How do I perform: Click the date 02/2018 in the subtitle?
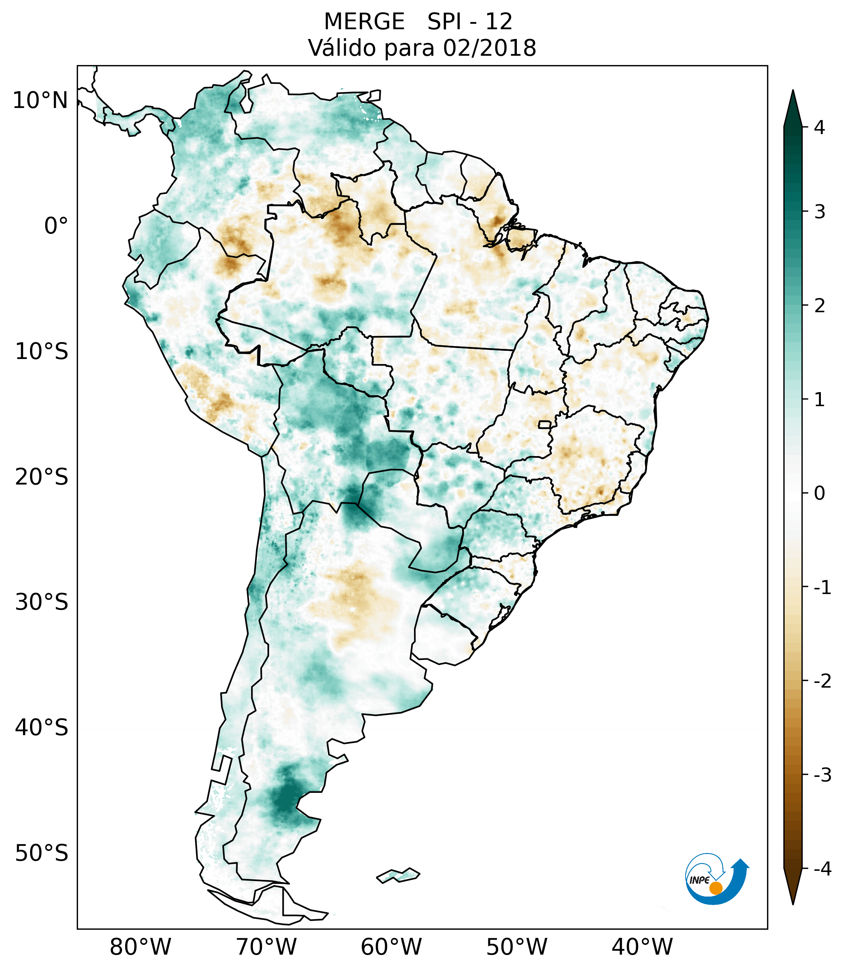pyautogui.click(x=489, y=48)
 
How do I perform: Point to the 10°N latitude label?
pyautogui.click(x=41, y=101)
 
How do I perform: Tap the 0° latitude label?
pyautogui.click(x=56, y=226)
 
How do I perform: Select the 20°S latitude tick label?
pyautogui.click(x=42, y=477)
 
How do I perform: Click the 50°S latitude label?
pyautogui.click(x=42, y=854)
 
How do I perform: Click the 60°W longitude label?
pyautogui.click(x=391, y=947)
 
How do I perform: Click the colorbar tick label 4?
pyautogui.click(x=819, y=127)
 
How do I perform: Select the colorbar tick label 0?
pyautogui.click(x=819, y=493)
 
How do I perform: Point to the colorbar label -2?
pyautogui.click(x=822, y=681)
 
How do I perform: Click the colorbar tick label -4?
pyautogui.click(x=822, y=869)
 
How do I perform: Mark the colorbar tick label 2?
pyautogui.click(x=819, y=306)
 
